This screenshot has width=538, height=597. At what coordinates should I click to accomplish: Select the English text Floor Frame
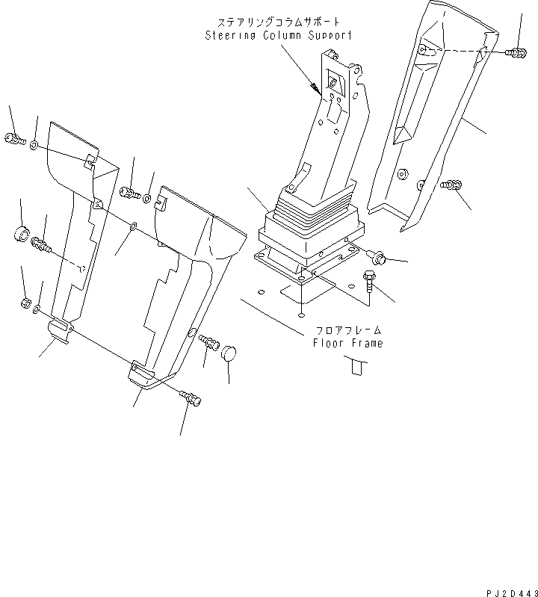click(x=347, y=343)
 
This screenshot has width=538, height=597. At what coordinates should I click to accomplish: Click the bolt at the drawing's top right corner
click(x=515, y=52)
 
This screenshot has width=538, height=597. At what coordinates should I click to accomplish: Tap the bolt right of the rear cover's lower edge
click(x=451, y=185)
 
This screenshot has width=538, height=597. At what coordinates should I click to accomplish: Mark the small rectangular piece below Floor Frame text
click(x=356, y=365)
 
